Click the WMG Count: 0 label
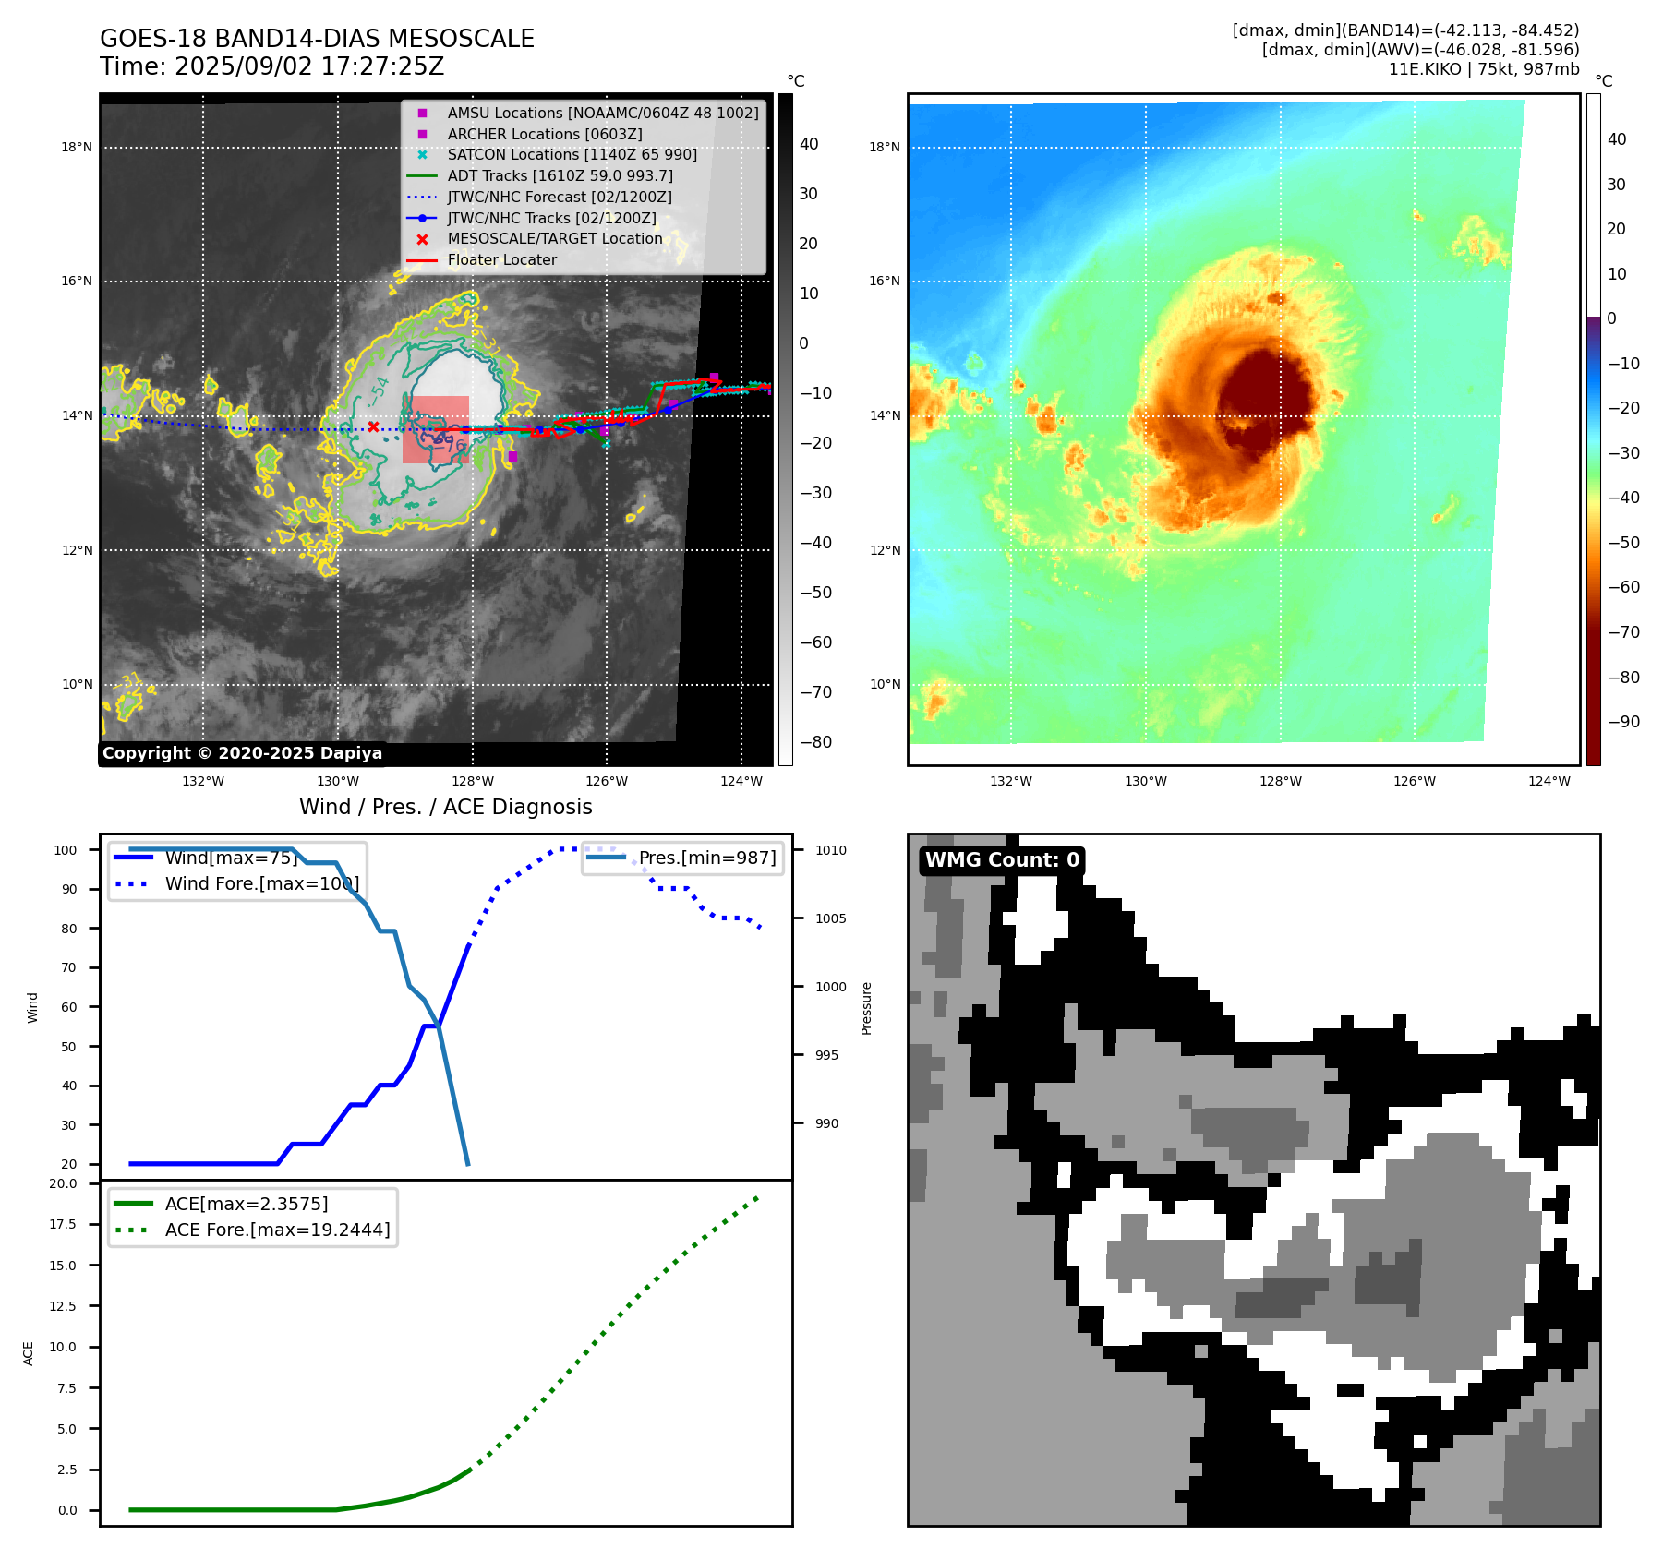(1002, 860)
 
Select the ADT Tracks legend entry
(560, 175)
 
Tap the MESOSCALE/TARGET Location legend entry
(554, 238)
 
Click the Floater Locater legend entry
(501, 259)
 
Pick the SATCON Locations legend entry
(572, 154)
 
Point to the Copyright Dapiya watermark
(242, 753)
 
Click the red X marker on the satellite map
(373, 426)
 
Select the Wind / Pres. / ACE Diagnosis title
(445, 807)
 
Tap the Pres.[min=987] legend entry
(707, 858)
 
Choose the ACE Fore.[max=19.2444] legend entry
(277, 1230)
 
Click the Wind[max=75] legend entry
(231, 858)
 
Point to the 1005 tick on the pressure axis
(830, 918)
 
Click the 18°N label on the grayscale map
(77, 147)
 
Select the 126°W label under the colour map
(1414, 781)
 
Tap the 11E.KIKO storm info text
(1483, 69)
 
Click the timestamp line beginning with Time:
(271, 66)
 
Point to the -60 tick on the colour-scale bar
(1623, 587)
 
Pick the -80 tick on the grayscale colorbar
(815, 742)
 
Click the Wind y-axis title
(33, 1007)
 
